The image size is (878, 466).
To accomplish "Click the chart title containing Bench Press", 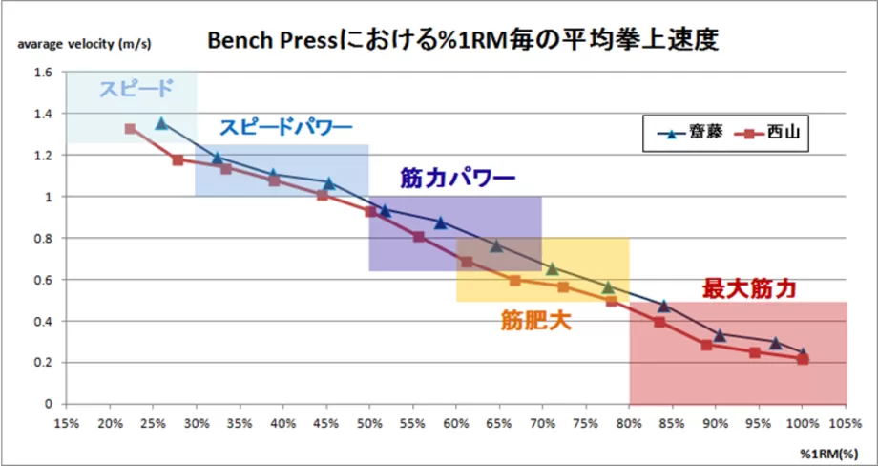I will pyautogui.click(x=462, y=41).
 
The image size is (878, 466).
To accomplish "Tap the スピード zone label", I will pyautogui.click(x=136, y=90).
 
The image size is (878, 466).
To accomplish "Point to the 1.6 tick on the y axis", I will pyautogui.click(x=43, y=72).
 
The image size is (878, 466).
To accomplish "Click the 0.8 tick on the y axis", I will pyautogui.click(x=43, y=238).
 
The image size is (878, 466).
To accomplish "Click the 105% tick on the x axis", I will pyautogui.click(x=846, y=423).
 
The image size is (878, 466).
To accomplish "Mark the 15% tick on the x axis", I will pyautogui.click(x=66, y=423).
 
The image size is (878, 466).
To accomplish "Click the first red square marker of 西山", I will pyautogui.click(x=131, y=128).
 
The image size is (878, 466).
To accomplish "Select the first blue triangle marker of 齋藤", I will pyautogui.click(x=161, y=123).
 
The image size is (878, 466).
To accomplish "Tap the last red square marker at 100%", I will pyautogui.click(x=803, y=359).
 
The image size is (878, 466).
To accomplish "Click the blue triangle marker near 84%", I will pyautogui.click(x=664, y=306).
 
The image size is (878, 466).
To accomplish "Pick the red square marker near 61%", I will pyautogui.click(x=467, y=262).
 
